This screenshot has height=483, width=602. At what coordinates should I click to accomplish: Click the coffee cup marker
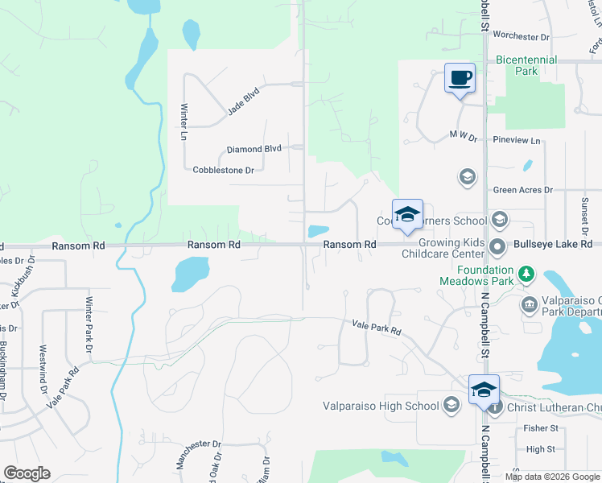tap(460, 79)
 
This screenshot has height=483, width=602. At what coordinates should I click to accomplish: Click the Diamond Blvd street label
tap(254, 149)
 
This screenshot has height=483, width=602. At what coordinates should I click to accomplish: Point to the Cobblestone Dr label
tap(224, 170)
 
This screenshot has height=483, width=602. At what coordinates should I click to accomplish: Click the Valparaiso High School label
tap(381, 406)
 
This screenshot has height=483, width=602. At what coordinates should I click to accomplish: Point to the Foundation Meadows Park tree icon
tap(526, 275)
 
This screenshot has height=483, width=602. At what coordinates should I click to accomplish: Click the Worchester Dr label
tap(521, 36)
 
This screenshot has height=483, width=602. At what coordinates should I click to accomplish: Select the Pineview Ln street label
tap(517, 140)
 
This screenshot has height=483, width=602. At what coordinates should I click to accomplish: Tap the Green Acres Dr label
tap(523, 190)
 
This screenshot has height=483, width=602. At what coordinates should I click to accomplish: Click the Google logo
tap(27, 473)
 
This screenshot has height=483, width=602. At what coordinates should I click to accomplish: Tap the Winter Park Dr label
tap(89, 324)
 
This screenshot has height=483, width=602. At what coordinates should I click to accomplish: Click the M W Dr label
tap(464, 138)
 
